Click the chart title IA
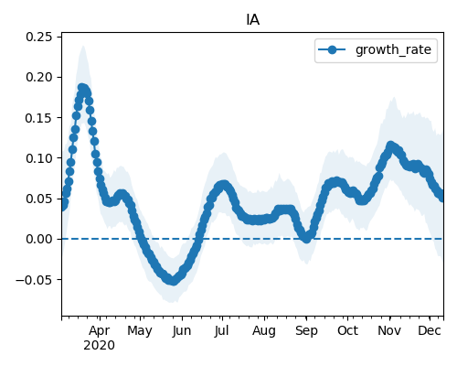coord(252,20)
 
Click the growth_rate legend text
coord(393,49)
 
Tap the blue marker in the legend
coord(332,49)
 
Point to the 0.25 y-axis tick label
coord(39,37)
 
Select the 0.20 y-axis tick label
coord(39,77)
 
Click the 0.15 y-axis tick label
coord(39,118)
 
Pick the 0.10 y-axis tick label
coord(39,158)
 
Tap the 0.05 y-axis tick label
coord(39,199)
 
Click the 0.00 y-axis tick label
coord(39,239)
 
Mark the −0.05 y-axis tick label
coord(34,279)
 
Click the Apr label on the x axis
coord(100,330)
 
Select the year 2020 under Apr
coord(100,346)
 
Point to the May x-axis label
coord(140,331)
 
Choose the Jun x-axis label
coord(182,330)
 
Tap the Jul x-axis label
coord(221,330)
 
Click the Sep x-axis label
coord(306,331)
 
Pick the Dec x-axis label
coord(430,330)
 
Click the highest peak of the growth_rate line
coord(81,88)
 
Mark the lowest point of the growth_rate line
coord(173,281)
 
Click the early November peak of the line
coord(390,145)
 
